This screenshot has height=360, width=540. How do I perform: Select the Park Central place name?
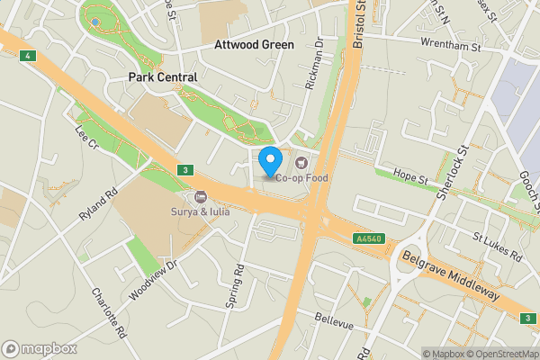click(x=162, y=77)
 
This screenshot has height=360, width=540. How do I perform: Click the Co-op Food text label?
click(x=302, y=177)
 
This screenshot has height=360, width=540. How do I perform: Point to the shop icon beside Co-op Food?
click(x=301, y=162)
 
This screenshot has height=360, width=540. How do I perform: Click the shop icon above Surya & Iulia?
click(x=200, y=197)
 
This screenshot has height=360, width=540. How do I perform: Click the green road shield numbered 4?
click(x=29, y=56)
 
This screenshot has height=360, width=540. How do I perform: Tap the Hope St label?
click(x=410, y=180)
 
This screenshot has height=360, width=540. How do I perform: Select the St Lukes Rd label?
click(x=497, y=245)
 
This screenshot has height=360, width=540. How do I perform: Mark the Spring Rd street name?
click(x=235, y=286)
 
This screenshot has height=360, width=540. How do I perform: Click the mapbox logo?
click(x=39, y=348)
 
